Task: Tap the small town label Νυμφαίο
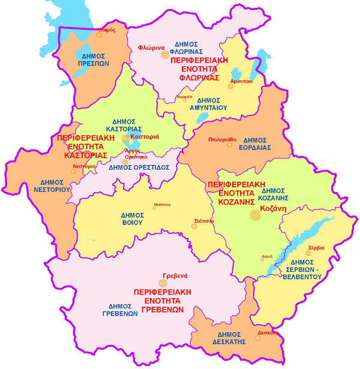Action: point(185,96)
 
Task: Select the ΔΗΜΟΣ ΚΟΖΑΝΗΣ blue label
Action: point(274,194)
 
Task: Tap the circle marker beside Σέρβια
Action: point(308,253)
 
